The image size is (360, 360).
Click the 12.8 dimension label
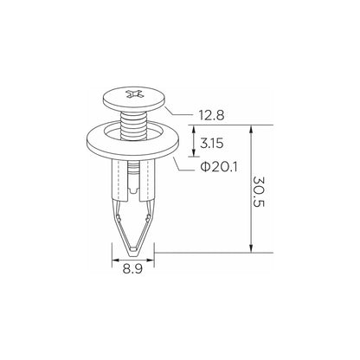(x=211, y=116)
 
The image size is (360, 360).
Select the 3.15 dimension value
(x=212, y=144)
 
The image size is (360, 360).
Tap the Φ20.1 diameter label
(x=219, y=167)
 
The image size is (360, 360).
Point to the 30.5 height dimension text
(x=259, y=192)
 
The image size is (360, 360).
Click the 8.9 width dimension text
(x=132, y=269)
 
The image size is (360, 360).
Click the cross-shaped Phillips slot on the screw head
(x=134, y=94)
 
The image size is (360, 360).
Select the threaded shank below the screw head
(x=134, y=125)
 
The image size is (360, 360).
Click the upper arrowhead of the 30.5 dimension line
(x=251, y=129)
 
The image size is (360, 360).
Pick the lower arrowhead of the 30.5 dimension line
(x=251, y=248)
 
